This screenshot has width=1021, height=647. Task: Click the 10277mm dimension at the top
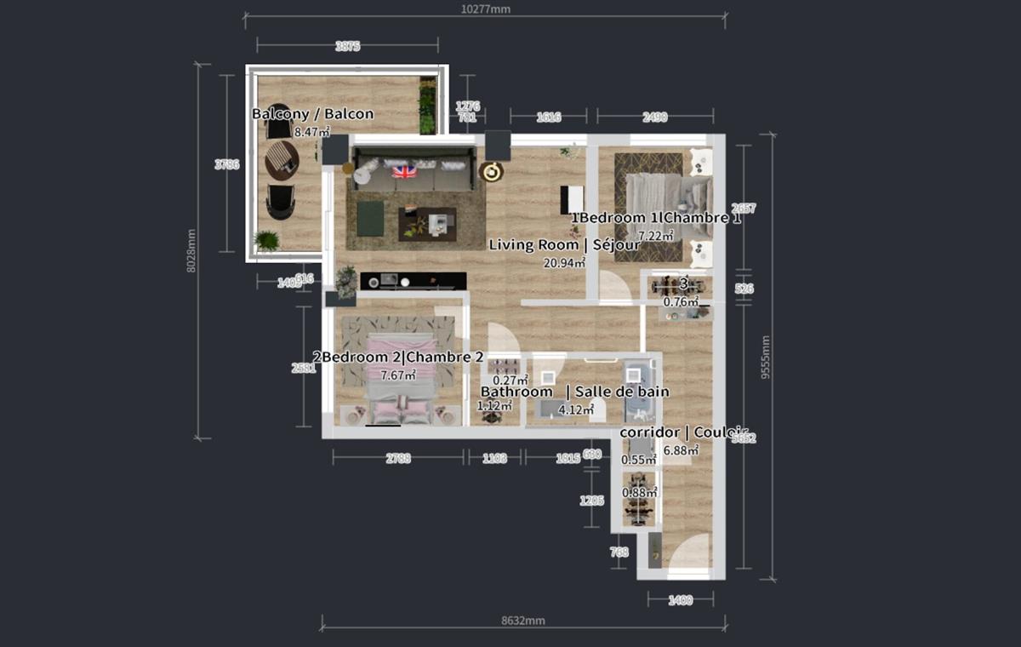coord(485,9)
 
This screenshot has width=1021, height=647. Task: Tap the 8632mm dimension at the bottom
coord(522,621)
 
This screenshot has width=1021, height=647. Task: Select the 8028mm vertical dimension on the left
coord(192,252)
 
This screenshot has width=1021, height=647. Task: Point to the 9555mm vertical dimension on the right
coord(766,358)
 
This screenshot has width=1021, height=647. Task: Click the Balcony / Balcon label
coord(312,114)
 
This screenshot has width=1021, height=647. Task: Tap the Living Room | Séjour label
coord(564,245)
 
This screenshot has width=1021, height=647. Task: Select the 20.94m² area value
coord(566,262)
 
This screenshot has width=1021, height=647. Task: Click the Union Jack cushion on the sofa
coord(404,172)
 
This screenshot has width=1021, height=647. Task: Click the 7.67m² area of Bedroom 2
coord(398,375)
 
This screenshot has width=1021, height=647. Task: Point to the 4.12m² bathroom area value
coord(575,409)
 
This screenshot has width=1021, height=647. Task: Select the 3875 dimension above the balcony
coord(347,47)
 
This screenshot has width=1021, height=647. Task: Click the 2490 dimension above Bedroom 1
coord(654,117)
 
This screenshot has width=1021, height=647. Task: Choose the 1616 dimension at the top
coord(548,117)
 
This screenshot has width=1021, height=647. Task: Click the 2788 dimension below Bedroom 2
coord(397,458)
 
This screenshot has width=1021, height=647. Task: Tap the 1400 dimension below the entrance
coord(680,600)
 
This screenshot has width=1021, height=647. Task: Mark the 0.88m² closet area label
coord(639,493)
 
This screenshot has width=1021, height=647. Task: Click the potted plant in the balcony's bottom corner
coord(266,241)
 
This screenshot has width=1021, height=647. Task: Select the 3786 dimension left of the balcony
coord(227,165)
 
